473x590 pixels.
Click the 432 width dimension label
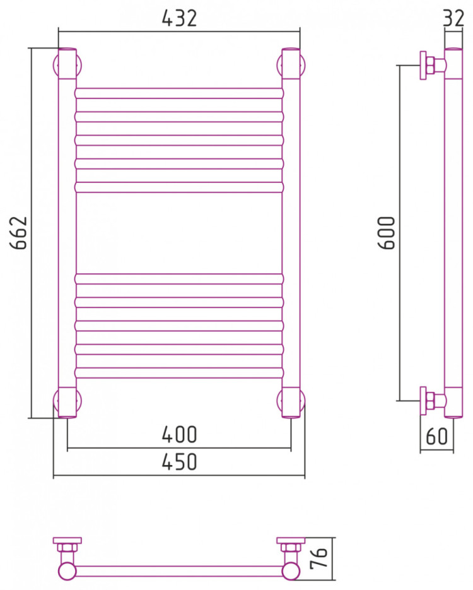pos(179,18)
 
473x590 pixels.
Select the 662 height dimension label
pos(19,233)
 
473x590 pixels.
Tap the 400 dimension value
pos(179,434)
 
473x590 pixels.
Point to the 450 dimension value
pos(179,462)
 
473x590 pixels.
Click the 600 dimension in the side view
pos(387,233)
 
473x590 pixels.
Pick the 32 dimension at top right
pos(453,18)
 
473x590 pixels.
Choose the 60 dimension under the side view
pos(437,436)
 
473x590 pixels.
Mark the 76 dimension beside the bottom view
pos(319,557)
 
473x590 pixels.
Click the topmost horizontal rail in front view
pos(179,93)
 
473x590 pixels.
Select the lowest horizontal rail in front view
pos(179,372)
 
